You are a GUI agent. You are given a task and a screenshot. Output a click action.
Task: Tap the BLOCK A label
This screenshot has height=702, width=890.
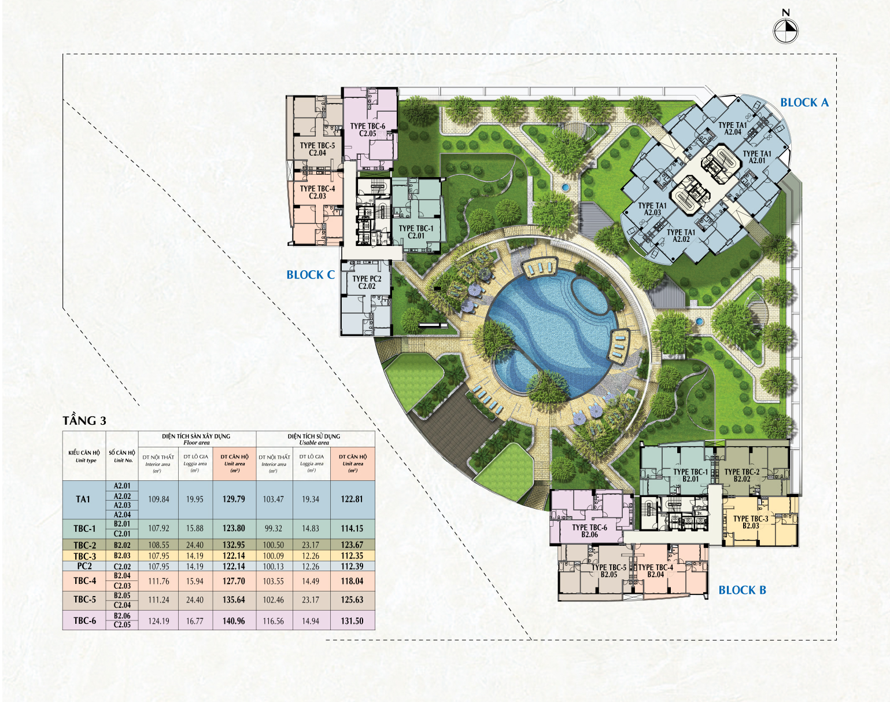point(804,102)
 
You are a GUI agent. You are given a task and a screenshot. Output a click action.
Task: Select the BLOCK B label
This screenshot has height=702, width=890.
point(742,590)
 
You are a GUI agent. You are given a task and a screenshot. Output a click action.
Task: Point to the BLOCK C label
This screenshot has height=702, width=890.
point(311,275)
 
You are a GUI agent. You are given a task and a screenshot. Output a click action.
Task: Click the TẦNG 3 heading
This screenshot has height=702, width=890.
point(84,421)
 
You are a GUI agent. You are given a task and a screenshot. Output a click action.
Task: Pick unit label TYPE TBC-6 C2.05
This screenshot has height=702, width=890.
point(367,130)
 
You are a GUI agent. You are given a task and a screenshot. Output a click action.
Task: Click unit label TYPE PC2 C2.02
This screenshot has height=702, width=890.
point(367,282)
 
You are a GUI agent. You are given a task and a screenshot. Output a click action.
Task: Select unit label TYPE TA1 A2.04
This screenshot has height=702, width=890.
point(733,128)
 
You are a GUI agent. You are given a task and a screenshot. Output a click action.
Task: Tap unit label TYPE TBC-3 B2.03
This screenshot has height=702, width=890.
point(751,522)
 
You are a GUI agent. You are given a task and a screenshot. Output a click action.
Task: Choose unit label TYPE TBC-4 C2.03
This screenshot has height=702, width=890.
point(317,192)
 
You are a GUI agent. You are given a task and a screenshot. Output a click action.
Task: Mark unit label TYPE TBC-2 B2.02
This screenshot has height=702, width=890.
point(742,475)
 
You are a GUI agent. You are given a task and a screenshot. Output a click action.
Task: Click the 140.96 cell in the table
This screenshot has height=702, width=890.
point(234,621)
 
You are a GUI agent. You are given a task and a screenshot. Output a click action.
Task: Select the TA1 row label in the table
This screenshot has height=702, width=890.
point(83,499)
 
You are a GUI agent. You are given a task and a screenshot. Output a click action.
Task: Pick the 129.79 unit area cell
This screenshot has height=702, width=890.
point(234,499)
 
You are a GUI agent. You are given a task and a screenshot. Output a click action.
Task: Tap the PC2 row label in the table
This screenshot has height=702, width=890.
point(84,566)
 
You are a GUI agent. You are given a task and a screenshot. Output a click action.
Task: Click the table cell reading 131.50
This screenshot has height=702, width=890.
point(352,621)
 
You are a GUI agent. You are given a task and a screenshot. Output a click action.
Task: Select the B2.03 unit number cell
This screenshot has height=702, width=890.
point(122,556)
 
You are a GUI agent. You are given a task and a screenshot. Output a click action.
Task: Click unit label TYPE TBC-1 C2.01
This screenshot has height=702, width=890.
point(416,232)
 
